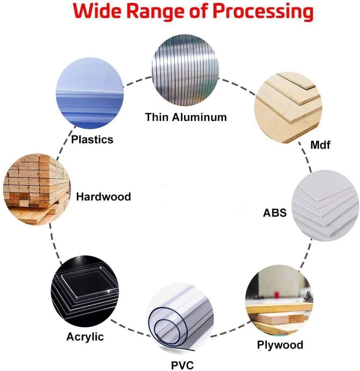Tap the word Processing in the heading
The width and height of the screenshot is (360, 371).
click(x=262, y=12)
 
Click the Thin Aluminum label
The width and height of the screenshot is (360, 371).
click(x=186, y=117)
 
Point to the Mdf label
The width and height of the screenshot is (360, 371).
click(x=320, y=145)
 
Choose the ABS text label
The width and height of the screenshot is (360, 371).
click(x=275, y=213)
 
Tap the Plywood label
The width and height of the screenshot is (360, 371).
click(x=280, y=345)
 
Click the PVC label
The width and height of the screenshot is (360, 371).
click(x=182, y=365)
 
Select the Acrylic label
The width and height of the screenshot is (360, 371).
click(x=85, y=337)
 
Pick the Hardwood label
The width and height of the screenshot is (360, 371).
click(x=104, y=197)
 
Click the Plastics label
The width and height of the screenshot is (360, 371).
click(x=92, y=139)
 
